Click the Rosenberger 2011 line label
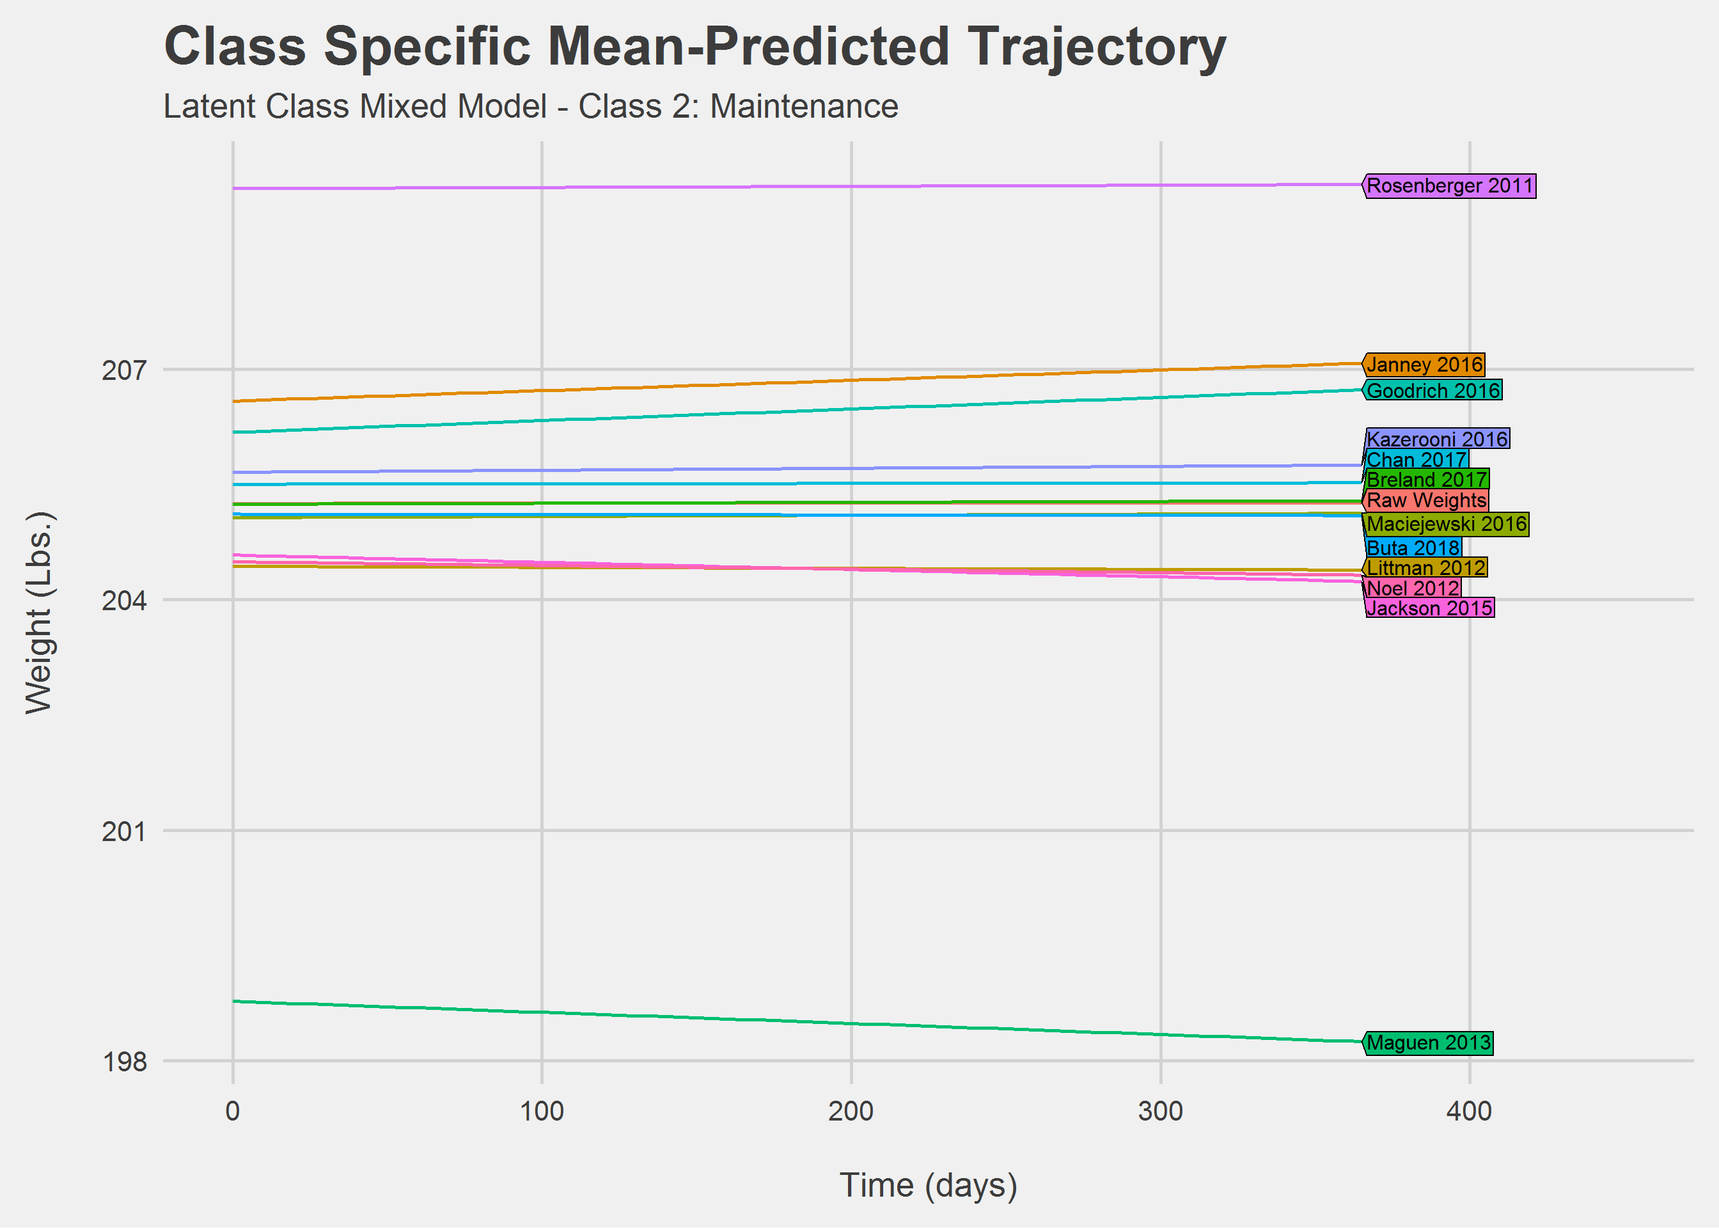(1450, 186)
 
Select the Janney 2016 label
(1424, 365)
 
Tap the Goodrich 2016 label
(1432, 391)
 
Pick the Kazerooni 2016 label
(1437, 439)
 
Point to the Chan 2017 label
(1417, 460)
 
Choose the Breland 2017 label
(1427, 480)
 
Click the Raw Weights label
(1427, 501)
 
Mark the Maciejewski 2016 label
(1447, 524)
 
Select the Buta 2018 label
(1413, 548)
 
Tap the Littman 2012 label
(1425, 568)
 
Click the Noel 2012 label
(1413, 588)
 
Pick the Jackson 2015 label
(1429, 609)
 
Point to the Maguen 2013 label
(1429, 1044)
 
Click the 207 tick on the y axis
(124, 370)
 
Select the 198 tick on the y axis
(124, 1062)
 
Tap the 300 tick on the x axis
(1160, 1112)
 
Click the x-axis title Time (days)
(929, 1186)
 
